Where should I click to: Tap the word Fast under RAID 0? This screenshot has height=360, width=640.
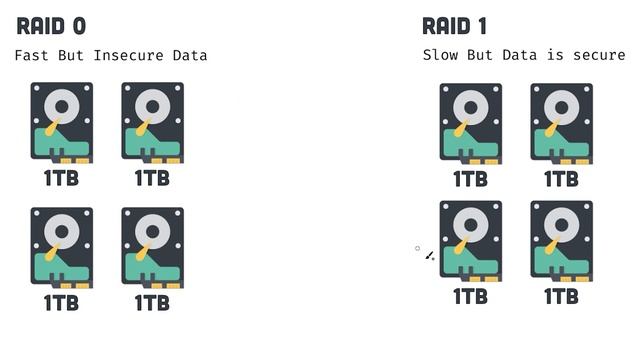[32, 55]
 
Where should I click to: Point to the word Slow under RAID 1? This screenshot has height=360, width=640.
[440, 55]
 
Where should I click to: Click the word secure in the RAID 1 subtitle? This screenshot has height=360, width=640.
[599, 55]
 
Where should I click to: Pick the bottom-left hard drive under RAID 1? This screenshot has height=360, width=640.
[471, 241]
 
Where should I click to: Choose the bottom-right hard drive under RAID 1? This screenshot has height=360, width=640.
[561, 241]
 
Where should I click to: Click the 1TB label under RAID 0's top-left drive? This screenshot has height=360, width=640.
[62, 178]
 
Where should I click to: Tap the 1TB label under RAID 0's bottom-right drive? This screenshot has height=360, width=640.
[152, 302]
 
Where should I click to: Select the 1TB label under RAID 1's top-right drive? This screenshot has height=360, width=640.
[561, 179]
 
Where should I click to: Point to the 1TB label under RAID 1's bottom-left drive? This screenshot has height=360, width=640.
[471, 296]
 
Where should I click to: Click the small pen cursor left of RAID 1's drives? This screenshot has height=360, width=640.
[429, 256]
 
